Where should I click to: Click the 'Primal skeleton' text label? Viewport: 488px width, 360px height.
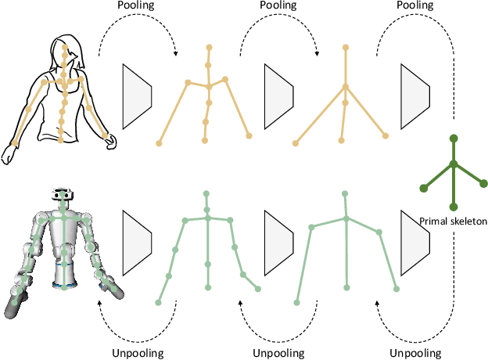tap(454, 221)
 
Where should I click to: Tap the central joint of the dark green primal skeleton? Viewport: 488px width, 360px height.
tap(454, 164)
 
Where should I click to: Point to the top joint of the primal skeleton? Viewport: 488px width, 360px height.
tap(454, 139)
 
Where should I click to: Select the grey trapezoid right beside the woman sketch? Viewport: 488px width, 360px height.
tap(137, 97)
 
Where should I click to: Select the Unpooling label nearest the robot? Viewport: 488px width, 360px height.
tap(138, 353)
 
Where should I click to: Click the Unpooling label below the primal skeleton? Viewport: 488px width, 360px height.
tap(415, 353)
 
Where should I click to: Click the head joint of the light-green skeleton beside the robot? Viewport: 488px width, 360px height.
tap(206, 193)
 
